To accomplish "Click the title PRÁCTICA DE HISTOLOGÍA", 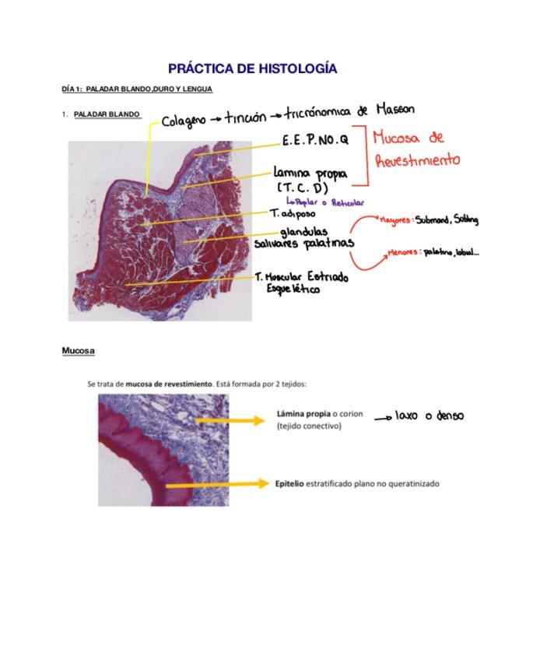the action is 252,68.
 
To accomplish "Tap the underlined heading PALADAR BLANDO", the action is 107,114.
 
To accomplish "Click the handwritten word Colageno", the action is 184,121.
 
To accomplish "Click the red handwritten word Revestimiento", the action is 417,160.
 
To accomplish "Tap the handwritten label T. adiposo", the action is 293,212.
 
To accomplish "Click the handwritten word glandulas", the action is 304,231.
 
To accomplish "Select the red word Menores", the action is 405,253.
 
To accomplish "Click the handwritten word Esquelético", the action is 293,290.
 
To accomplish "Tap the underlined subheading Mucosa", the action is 78,351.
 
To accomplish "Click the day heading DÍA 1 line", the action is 137,90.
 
